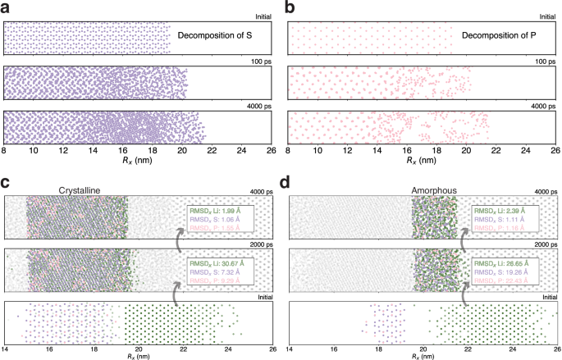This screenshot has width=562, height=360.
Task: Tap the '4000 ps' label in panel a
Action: (x=260, y=106)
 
